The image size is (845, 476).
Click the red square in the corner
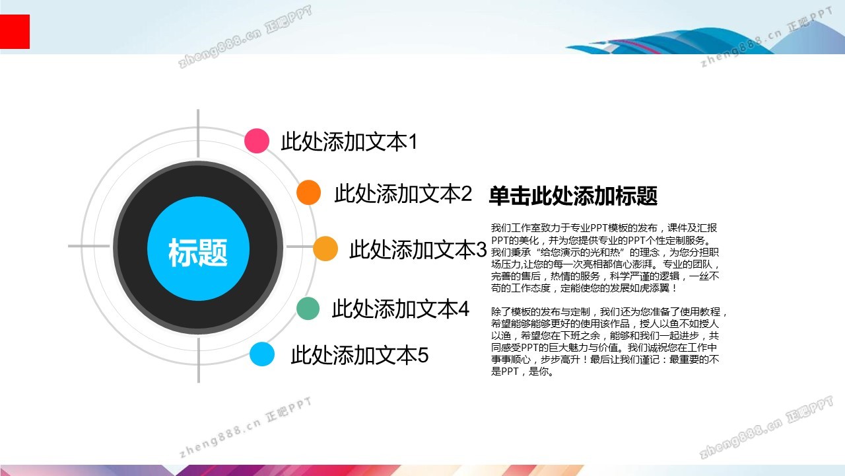tap(15, 32)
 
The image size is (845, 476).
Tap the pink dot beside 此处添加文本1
tap(257, 141)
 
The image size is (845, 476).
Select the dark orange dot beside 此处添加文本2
tap(308, 192)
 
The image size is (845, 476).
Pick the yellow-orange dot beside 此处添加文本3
tap(325, 249)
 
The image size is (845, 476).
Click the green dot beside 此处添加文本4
tap(308, 309)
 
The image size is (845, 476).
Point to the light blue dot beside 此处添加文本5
tap(262, 354)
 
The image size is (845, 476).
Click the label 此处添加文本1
tap(349, 141)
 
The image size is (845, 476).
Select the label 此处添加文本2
tap(403, 194)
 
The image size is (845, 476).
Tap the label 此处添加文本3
tap(419, 249)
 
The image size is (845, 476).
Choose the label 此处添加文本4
tap(401, 309)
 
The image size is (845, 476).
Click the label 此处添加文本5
tap(360, 355)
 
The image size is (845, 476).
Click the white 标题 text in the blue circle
tap(198, 252)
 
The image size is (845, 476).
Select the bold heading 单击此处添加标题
tap(573, 196)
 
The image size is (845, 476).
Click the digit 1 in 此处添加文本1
tap(413, 141)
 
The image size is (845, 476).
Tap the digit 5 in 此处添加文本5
tap(423, 355)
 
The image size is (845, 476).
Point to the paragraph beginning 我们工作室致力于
tap(605, 258)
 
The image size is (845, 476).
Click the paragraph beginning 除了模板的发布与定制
tap(609, 342)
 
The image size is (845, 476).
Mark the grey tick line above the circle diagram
tap(198, 134)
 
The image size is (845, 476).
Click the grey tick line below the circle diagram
tap(199, 360)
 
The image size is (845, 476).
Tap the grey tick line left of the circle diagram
tap(89, 246)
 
